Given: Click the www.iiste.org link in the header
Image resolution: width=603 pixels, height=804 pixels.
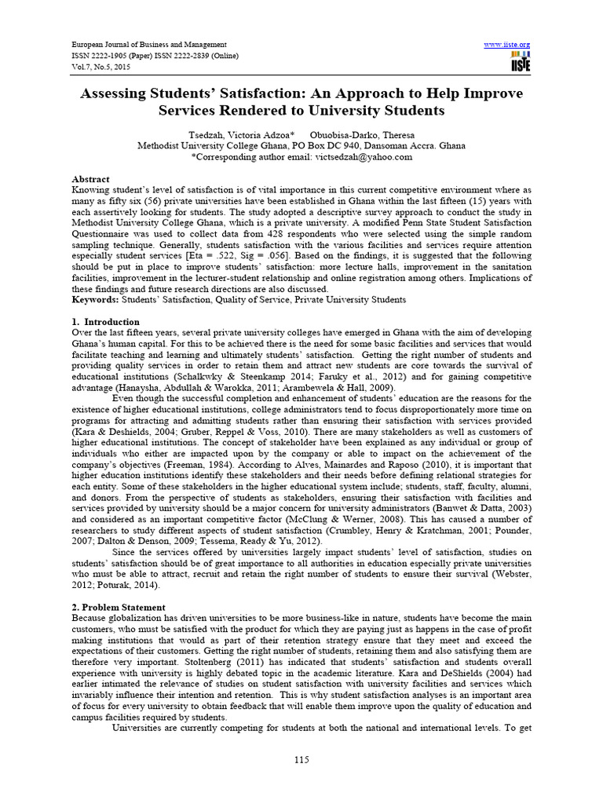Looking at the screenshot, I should (509, 44).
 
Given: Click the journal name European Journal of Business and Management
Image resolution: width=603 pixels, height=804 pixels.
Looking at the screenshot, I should (149, 45).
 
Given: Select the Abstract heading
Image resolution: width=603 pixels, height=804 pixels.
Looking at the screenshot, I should (91, 179).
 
